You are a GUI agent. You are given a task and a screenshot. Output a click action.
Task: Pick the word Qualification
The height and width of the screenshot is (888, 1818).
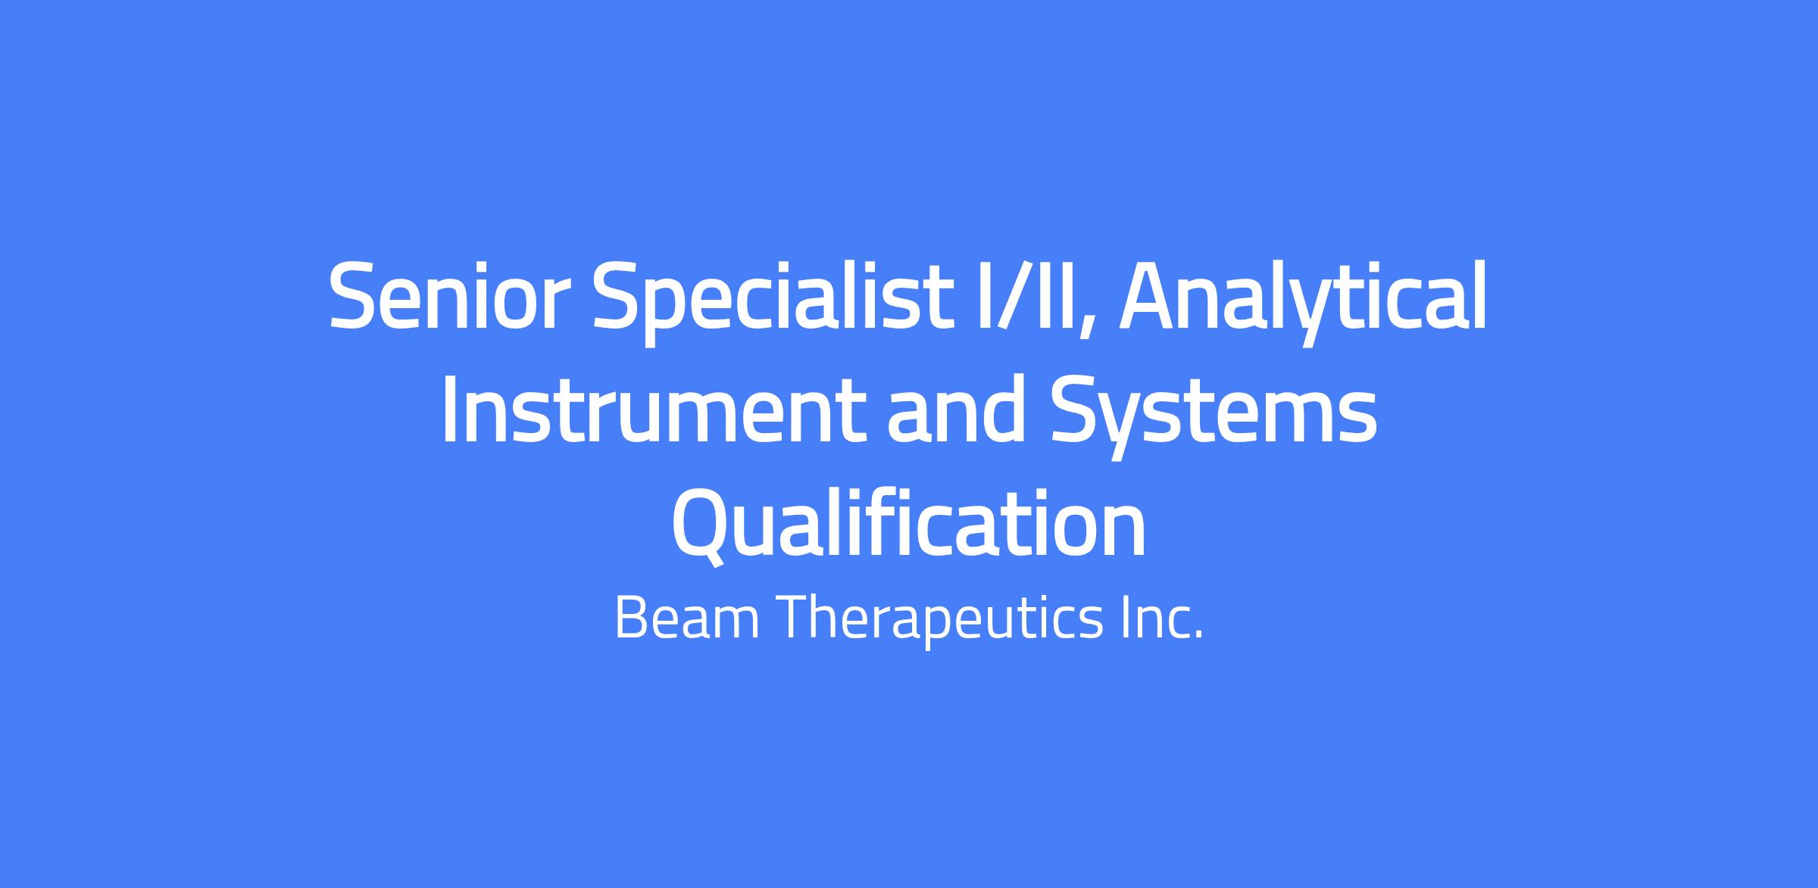(909, 524)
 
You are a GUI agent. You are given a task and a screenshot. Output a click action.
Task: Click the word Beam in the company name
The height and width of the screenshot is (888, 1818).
(687, 617)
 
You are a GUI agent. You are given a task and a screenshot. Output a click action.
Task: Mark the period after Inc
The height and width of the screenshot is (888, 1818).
(1198, 635)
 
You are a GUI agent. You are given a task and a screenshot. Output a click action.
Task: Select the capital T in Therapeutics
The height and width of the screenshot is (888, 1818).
(795, 617)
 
